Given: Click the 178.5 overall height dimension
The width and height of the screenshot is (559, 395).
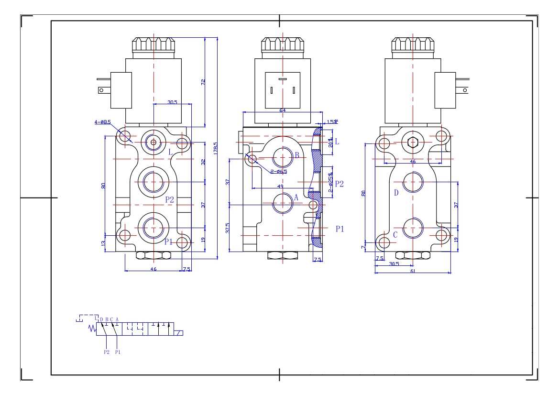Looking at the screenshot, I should pyautogui.click(x=215, y=148).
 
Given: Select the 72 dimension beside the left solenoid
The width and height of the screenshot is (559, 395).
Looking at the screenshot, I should pyautogui.click(x=203, y=82).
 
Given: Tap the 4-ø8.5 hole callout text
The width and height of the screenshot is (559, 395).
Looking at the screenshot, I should pyautogui.click(x=103, y=122).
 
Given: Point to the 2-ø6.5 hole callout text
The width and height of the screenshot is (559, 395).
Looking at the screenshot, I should pyautogui.click(x=278, y=172).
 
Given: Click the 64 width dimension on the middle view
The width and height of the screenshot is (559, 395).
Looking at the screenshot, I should pyautogui.click(x=282, y=110).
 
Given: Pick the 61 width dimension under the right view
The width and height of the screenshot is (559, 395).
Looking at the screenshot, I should pyautogui.click(x=412, y=271).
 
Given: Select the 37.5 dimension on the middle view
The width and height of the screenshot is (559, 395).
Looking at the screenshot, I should pyautogui.click(x=228, y=228).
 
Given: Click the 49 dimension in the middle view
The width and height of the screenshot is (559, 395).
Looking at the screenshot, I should pyautogui.click(x=280, y=187).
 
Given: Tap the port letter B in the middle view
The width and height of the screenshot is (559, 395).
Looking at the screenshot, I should pyautogui.click(x=297, y=155).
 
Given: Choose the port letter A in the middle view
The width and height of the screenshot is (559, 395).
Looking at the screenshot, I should pyautogui.click(x=296, y=197).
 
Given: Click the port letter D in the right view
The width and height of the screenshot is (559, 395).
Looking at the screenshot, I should pyautogui.click(x=396, y=193).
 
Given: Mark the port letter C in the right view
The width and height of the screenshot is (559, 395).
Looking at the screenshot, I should pyautogui.click(x=395, y=235).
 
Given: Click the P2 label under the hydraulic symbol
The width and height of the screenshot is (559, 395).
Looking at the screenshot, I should pyautogui.click(x=106, y=352).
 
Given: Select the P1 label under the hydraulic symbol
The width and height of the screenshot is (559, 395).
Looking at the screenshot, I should pyautogui.click(x=118, y=352).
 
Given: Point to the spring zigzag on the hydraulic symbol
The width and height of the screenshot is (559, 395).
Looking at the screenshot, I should pyautogui.click(x=93, y=328).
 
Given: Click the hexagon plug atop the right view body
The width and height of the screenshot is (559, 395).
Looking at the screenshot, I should pyautogui.click(x=413, y=142).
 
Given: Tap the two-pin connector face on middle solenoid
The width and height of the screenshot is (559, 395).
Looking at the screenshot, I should pyautogui.click(x=282, y=89).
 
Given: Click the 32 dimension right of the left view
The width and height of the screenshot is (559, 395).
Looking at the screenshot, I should pyautogui.click(x=203, y=162).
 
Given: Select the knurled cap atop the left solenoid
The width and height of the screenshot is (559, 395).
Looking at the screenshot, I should pyautogui.click(x=153, y=45).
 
